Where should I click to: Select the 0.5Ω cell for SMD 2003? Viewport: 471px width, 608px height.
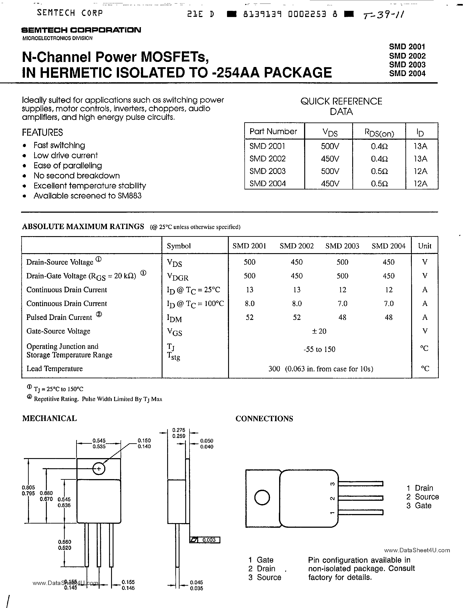(x=379, y=171)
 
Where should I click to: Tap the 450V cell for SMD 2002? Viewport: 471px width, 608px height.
(x=330, y=159)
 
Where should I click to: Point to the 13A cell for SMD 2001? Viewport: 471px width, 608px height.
(x=420, y=146)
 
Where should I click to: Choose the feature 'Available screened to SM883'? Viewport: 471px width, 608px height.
(x=87, y=196)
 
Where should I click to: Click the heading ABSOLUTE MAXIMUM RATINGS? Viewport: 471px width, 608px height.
(x=83, y=226)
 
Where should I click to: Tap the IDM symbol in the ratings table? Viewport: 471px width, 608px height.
(x=174, y=318)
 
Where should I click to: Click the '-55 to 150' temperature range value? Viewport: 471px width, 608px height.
(x=319, y=349)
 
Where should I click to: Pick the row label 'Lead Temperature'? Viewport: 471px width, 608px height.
(x=55, y=369)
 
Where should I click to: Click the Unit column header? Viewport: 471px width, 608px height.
(x=424, y=246)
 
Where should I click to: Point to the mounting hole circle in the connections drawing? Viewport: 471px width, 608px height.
(x=262, y=497)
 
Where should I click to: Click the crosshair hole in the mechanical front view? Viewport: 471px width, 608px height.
(x=98, y=469)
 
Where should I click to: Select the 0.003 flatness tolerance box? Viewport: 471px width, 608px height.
(x=205, y=540)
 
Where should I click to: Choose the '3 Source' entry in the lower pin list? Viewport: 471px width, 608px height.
(x=265, y=577)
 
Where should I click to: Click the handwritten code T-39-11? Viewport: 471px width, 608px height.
(x=383, y=14)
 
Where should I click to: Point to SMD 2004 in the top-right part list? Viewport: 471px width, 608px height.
(x=407, y=73)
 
